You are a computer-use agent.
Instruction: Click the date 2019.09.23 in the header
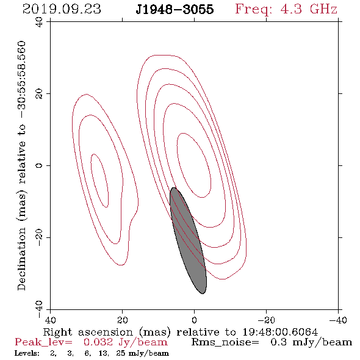(x=62, y=9)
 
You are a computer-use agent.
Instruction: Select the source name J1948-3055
(x=175, y=10)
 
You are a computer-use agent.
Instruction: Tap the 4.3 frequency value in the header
(x=291, y=9)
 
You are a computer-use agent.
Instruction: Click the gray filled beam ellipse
(x=188, y=240)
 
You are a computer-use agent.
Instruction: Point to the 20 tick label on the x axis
(x=122, y=320)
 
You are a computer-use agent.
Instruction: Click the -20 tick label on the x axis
(x=266, y=320)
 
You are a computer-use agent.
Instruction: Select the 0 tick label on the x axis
(x=194, y=320)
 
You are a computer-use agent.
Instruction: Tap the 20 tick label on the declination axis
(x=39, y=94)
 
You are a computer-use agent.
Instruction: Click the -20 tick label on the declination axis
(x=39, y=237)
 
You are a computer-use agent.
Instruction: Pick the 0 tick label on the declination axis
(x=39, y=165)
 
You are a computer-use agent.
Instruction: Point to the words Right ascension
(x=88, y=332)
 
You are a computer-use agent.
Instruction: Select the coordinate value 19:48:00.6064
(x=280, y=332)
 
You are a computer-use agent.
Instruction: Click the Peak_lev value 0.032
(x=98, y=342)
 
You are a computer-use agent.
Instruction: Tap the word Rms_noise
(x=225, y=342)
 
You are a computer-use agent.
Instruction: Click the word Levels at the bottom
(x=27, y=353)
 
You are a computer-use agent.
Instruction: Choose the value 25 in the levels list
(x=121, y=353)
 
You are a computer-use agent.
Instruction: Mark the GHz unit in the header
(x=323, y=9)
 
